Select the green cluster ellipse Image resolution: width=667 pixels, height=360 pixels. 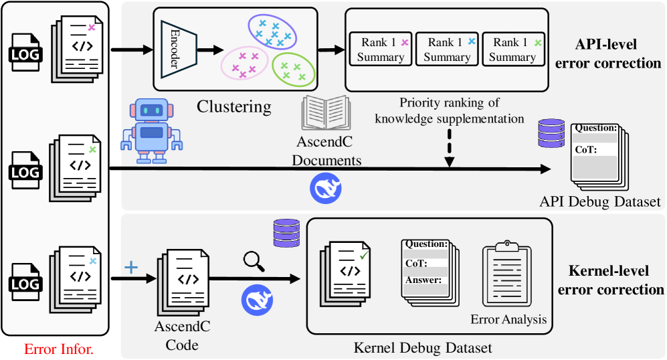point(293,68)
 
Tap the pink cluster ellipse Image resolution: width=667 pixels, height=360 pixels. point(245,63)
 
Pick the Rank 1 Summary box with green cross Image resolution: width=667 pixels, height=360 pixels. point(512,50)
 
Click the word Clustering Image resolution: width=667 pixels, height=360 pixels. point(234,106)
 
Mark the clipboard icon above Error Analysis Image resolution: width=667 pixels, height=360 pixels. point(508,274)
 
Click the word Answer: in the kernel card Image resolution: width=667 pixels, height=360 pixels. point(423,280)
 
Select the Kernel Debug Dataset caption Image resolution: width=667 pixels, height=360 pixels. point(422,348)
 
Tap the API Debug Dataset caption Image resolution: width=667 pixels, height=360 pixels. point(600,201)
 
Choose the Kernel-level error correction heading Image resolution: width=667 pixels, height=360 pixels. point(610,280)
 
